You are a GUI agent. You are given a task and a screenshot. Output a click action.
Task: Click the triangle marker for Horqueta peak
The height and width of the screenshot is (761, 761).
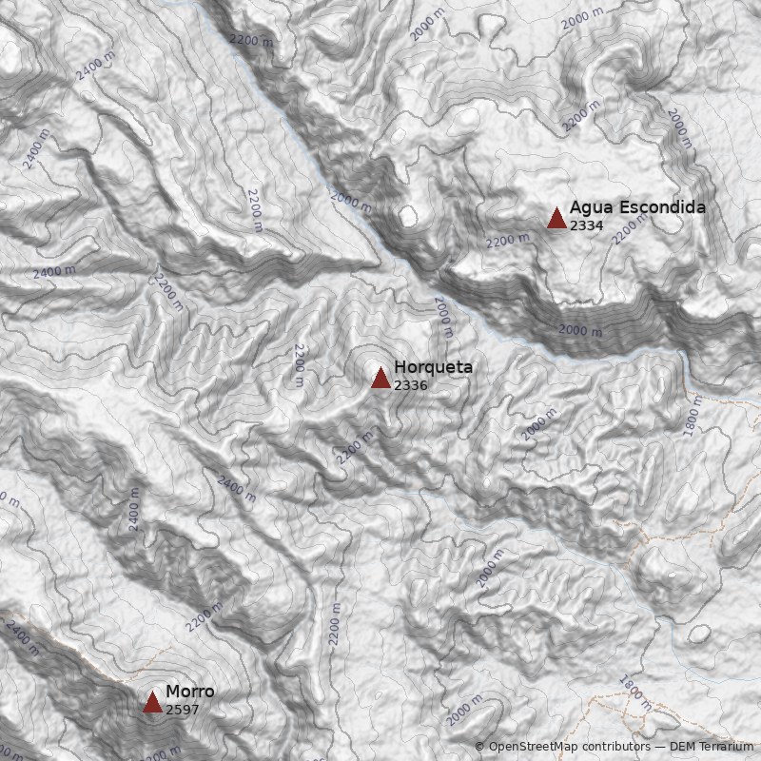click(380, 378)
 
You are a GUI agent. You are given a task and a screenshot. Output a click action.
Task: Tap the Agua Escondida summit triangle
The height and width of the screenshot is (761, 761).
click(556, 218)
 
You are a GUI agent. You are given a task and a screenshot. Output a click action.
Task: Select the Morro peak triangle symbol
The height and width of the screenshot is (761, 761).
click(152, 702)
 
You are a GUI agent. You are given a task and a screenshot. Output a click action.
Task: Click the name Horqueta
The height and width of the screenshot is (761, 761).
click(433, 367)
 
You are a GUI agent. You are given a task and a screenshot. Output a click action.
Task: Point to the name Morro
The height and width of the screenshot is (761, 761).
click(190, 692)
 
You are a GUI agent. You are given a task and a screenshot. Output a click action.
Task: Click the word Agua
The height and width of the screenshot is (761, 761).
click(590, 207)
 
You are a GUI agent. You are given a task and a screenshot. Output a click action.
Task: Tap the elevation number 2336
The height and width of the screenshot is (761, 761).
click(410, 385)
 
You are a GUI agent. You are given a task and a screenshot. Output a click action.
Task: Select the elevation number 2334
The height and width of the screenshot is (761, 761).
click(586, 225)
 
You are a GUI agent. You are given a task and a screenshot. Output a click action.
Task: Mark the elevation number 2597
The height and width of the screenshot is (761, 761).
click(182, 710)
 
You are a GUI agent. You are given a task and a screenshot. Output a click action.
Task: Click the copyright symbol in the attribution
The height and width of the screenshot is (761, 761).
click(479, 748)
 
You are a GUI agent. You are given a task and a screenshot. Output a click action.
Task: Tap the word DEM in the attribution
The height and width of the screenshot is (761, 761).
click(682, 748)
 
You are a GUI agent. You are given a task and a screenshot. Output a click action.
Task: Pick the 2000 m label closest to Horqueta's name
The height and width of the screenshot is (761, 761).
click(443, 316)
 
